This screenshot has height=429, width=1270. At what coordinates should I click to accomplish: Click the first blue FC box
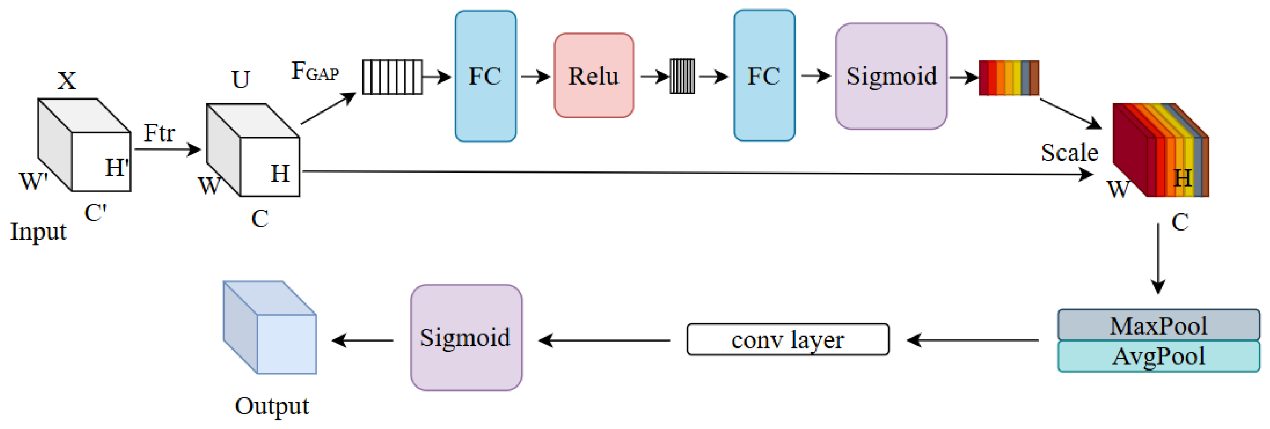(x=485, y=76)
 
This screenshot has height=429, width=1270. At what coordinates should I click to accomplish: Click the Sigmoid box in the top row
(x=891, y=76)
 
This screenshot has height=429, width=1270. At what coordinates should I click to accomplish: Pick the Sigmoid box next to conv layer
(x=466, y=338)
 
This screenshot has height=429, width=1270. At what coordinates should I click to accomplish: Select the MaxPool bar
(x=1158, y=325)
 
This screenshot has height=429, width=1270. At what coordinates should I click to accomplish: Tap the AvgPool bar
(x=1158, y=356)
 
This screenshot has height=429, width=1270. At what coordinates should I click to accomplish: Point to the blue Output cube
(x=270, y=327)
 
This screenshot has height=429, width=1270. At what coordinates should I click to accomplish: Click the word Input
(x=38, y=232)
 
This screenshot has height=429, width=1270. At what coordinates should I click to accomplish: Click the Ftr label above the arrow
(x=159, y=133)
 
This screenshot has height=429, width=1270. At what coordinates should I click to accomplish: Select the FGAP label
(x=315, y=72)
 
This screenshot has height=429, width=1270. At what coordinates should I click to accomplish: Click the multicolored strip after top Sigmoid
(x=1009, y=78)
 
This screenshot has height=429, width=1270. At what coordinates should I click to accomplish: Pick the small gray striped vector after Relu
(x=682, y=76)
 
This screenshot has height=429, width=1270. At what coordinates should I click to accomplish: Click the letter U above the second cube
(x=241, y=80)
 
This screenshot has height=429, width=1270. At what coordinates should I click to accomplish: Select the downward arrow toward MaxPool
(x=1158, y=258)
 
